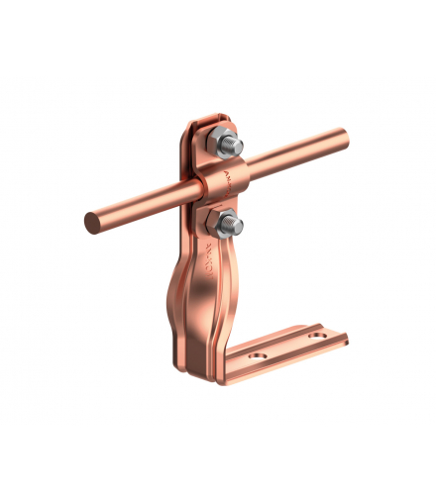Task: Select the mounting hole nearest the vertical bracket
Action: tap(261, 351)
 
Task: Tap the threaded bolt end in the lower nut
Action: tap(234, 225)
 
